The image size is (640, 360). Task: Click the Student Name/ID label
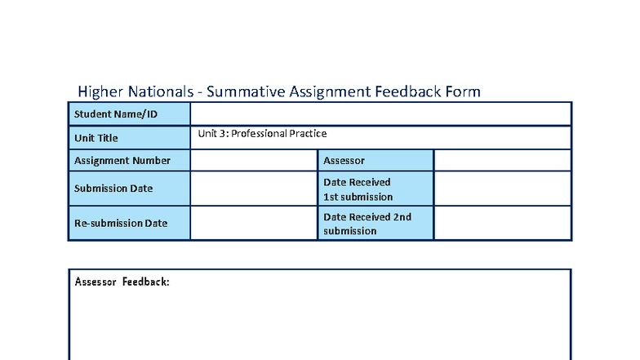pos(115,113)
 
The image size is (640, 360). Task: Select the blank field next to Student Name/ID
pos(380,113)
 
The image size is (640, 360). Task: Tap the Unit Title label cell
pos(96,138)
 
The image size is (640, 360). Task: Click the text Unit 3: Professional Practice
pos(262,133)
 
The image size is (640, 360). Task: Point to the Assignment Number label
pos(122,161)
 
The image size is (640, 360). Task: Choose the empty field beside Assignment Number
pos(253,161)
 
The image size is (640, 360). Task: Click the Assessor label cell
pos(344,161)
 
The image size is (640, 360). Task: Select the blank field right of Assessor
pos(502,161)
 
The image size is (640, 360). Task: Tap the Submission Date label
pos(113,189)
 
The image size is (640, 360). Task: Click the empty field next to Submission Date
pos(253,189)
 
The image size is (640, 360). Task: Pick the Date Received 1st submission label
pos(358,189)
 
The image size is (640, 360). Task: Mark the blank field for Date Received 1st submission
pos(502,189)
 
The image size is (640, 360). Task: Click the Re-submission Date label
pos(121,223)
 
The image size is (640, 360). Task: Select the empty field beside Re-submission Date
pos(253,223)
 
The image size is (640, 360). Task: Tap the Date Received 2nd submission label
pos(367,224)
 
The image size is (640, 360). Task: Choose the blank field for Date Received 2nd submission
pos(502,223)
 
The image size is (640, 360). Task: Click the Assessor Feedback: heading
pos(122,282)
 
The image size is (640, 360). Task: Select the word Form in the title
pos(462,91)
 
